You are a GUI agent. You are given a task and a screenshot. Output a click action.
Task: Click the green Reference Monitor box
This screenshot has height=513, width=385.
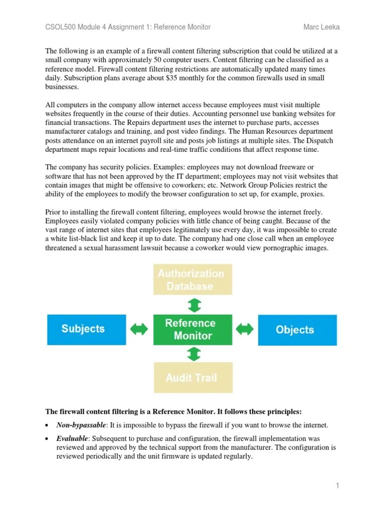pos(193,330)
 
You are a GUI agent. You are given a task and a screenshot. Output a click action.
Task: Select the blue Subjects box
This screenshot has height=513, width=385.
pos(86,329)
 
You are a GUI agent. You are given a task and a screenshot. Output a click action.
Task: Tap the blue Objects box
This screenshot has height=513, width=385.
pos(297,330)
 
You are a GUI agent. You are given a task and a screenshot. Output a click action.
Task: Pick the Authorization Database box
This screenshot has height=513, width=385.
pos(193,280)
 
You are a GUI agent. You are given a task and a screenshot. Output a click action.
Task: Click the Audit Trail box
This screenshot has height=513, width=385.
pos(193,377)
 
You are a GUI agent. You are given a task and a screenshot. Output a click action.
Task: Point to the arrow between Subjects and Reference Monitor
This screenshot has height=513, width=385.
pos(139,329)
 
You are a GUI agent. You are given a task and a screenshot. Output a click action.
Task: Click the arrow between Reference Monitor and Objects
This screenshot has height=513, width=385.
pos(245,329)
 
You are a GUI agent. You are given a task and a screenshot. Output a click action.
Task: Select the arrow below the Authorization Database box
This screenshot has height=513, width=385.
pos(194,305)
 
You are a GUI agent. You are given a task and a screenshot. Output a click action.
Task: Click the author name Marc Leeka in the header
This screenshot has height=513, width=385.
pos(321,27)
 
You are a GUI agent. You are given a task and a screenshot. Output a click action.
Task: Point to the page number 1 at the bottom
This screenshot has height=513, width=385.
pos(338,485)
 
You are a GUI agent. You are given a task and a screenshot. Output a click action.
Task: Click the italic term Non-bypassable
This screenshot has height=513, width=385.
pos(81,425)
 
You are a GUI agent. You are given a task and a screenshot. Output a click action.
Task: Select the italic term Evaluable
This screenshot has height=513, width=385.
pos(71,438)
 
